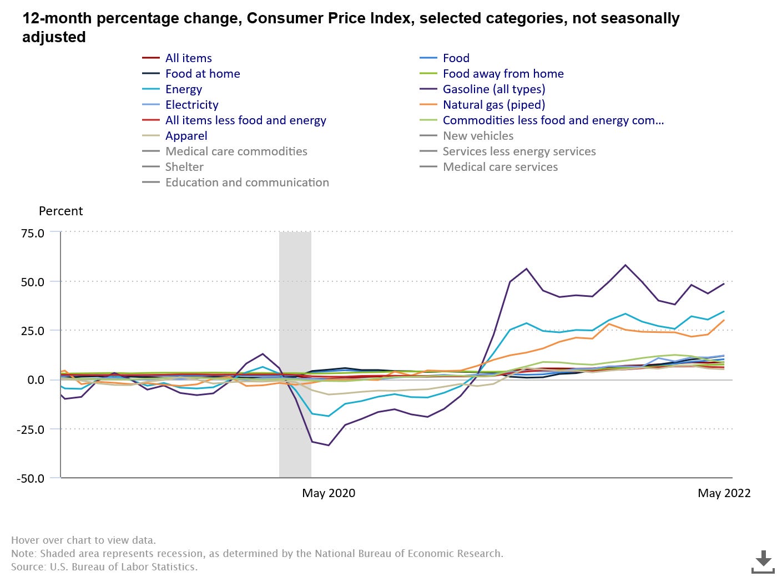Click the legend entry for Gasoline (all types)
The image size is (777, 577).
coord(493,89)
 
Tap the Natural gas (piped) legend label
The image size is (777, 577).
coord(493,105)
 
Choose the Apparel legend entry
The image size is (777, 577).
coord(186,136)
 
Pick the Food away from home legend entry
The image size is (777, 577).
coord(503,74)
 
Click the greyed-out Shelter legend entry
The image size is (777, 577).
coord(184,167)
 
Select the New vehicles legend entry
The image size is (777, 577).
coord(478,136)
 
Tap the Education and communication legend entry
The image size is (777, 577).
coord(247,183)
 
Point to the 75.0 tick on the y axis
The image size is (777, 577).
coord(33,233)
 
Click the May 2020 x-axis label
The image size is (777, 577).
coord(329,493)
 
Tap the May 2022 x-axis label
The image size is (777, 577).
coord(724,493)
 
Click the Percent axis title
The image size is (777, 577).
coord(60,211)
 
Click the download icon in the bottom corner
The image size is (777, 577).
coord(763,561)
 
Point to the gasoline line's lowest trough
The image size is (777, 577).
coord(329,445)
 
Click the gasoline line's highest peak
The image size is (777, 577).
coord(625,265)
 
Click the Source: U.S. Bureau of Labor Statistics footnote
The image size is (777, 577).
coord(104,567)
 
